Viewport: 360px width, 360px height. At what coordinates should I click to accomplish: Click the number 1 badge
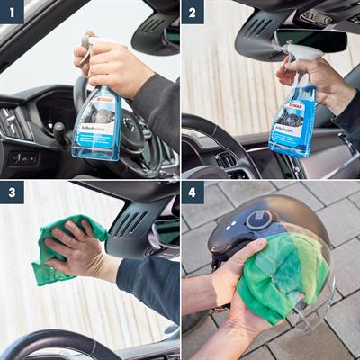pos(12,12)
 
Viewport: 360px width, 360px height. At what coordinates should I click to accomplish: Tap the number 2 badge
pos(193,12)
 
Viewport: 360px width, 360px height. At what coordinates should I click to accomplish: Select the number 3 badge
pos(12,193)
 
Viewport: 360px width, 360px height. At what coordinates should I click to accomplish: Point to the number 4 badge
pos(193,193)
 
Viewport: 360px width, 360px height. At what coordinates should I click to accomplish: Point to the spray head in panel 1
pos(90,40)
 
